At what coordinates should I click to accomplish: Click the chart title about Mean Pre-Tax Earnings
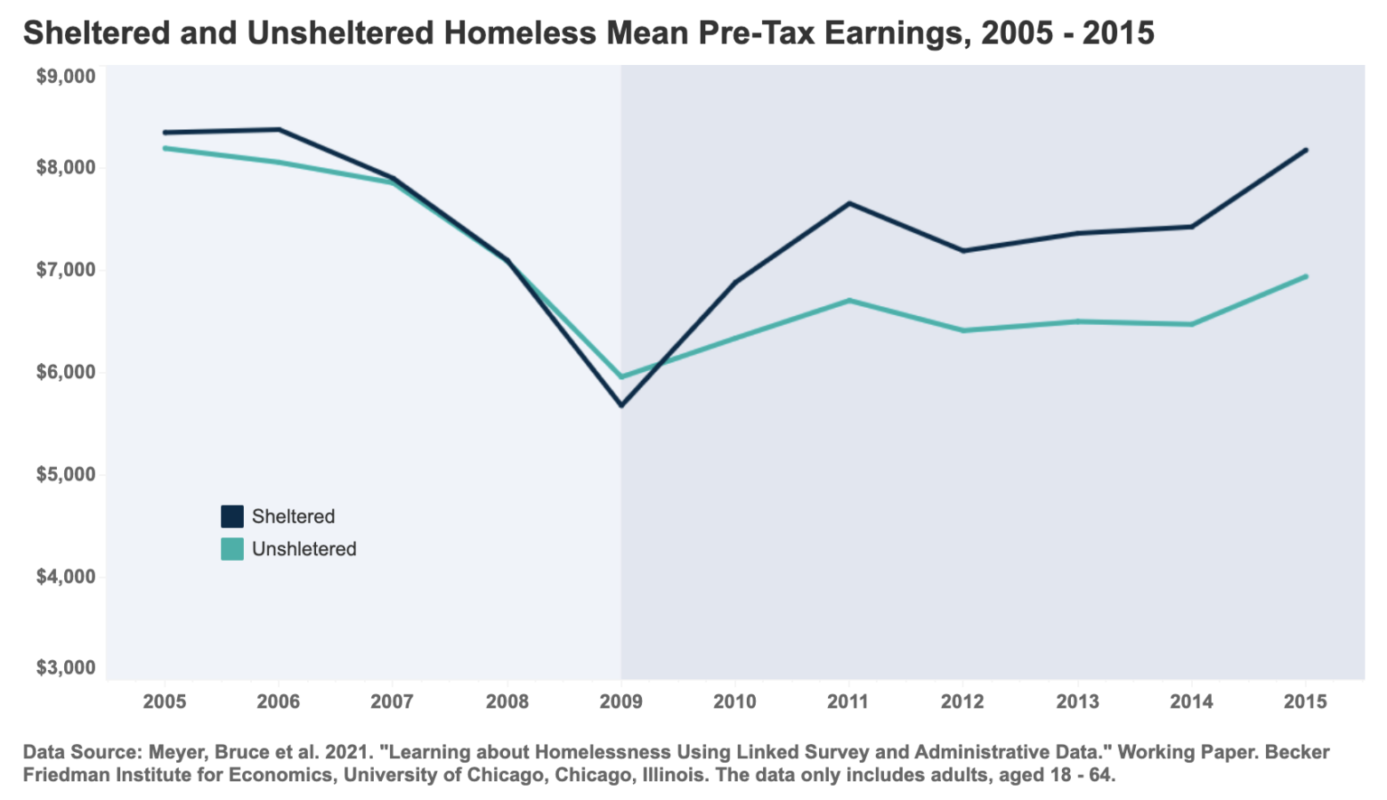tap(588, 33)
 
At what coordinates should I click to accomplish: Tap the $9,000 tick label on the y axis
tap(66, 77)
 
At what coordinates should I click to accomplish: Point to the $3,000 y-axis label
tap(66, 668)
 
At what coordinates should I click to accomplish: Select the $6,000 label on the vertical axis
tap(66, 372)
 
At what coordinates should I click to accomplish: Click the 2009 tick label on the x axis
tap(620, 702)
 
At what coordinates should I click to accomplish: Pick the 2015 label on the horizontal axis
tap(1305, 702)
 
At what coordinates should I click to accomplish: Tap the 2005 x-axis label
tap(164, 702)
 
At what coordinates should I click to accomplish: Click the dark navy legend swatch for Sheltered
tap(232, 516)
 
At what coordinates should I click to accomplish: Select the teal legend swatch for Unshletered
tap(232, 549)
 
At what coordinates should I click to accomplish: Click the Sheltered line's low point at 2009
tap(621, 405)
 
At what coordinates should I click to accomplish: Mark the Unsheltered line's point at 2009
tap(621, 377)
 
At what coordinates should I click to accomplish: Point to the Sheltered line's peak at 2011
tap(849, 203)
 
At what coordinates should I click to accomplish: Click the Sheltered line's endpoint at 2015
tap(1305, 150)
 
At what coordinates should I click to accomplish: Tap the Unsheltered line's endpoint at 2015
tap(1305, 276)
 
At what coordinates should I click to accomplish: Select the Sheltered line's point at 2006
tap(279, 130)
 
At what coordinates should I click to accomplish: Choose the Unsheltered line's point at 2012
tap(963, 330)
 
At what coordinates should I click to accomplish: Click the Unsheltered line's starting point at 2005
tap(165, 148)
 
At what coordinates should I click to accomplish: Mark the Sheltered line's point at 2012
tap(963, 250)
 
